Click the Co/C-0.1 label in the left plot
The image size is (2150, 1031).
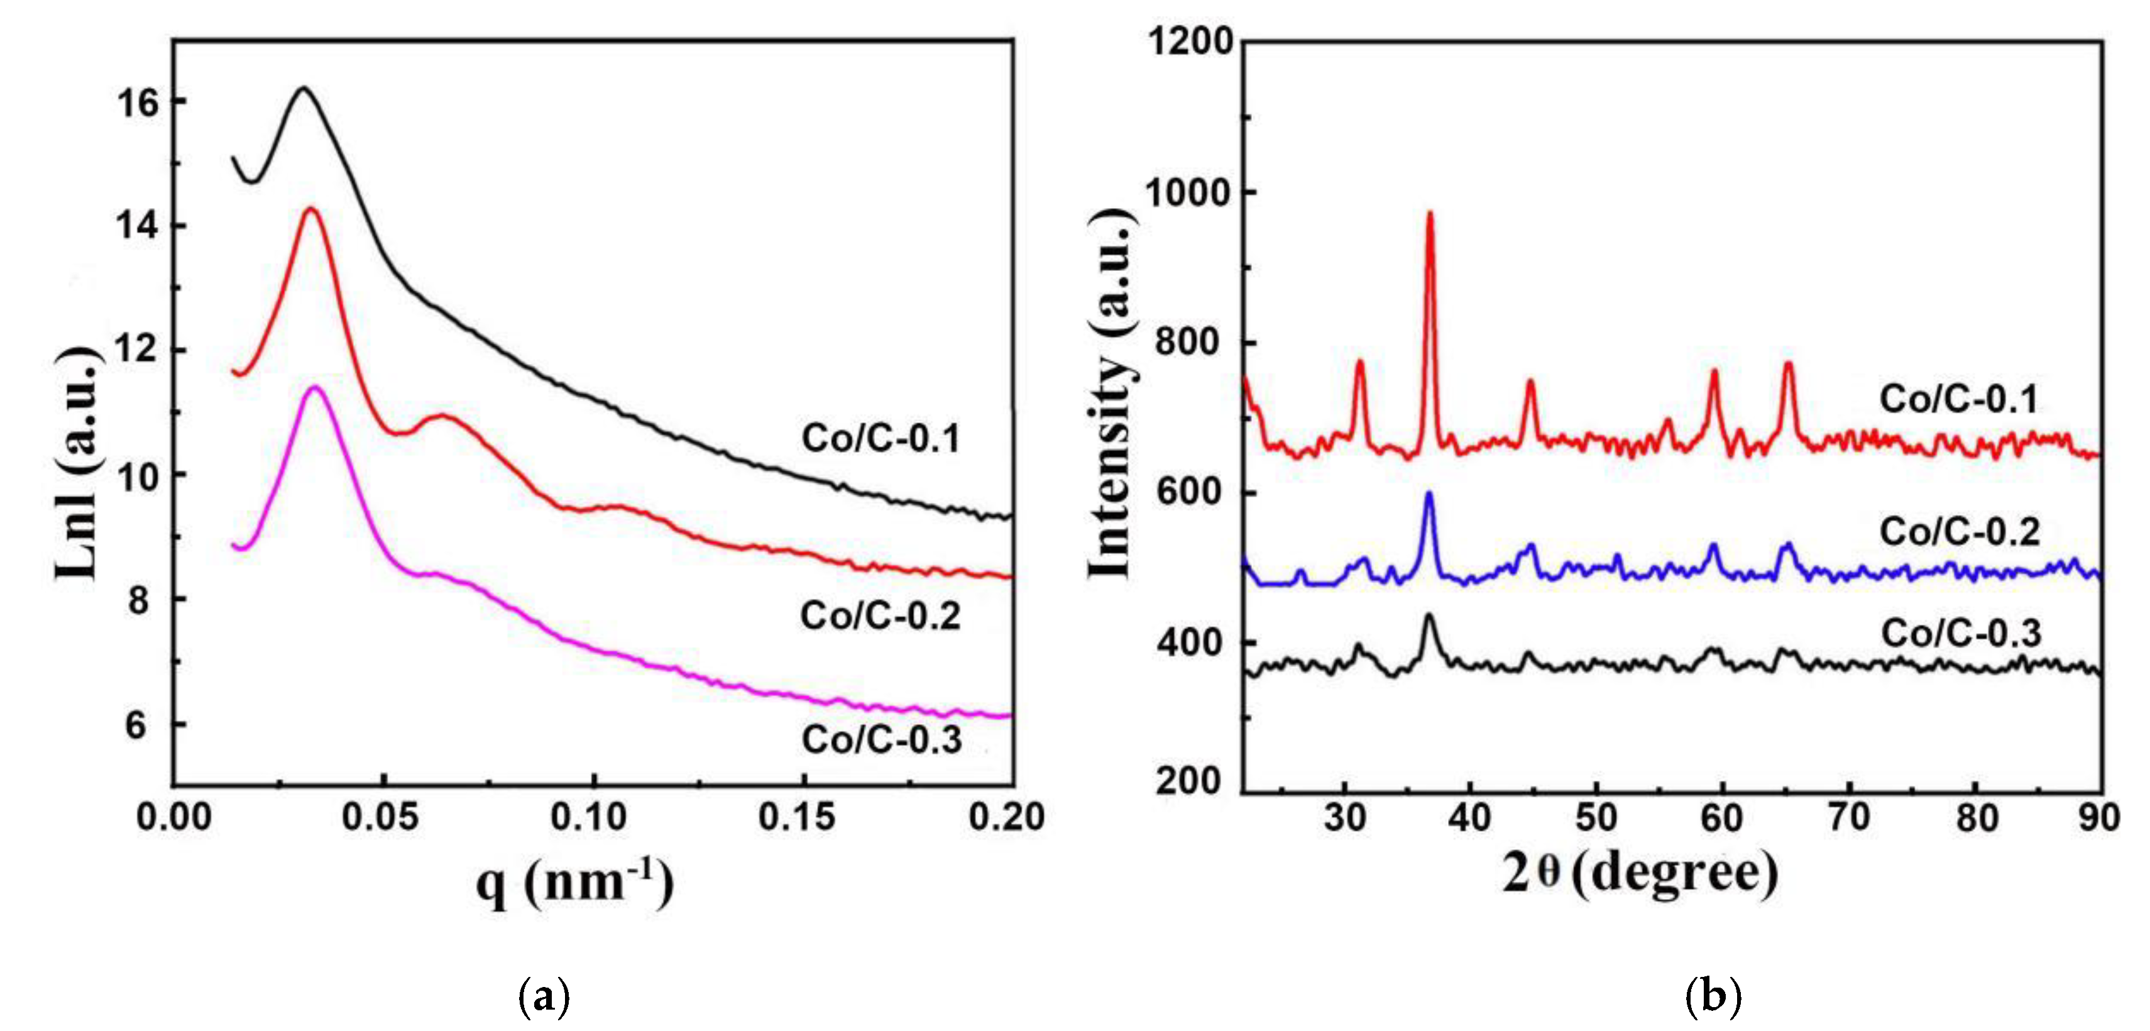pyautogui.click(x=880, y=438)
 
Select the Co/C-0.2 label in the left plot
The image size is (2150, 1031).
pyautogui.click(x=880, y=616)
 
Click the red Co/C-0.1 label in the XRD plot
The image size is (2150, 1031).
pyautogui.click(x=1958, y=399)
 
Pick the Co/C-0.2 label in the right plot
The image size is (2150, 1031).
pyautogui.click(x=1959, y=532)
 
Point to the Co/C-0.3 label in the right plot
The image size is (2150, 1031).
pyautogui.click(x=1961, y=634)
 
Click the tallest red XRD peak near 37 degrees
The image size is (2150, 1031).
pyautogui.click(x=1430, y=216)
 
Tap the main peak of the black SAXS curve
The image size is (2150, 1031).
pyautogui.click(x=303, y=87)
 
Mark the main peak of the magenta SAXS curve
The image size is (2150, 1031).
pyautogui.click(x=315, y=387)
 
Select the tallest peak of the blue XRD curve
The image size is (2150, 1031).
pyautogui.click(x=1429, y=494)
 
